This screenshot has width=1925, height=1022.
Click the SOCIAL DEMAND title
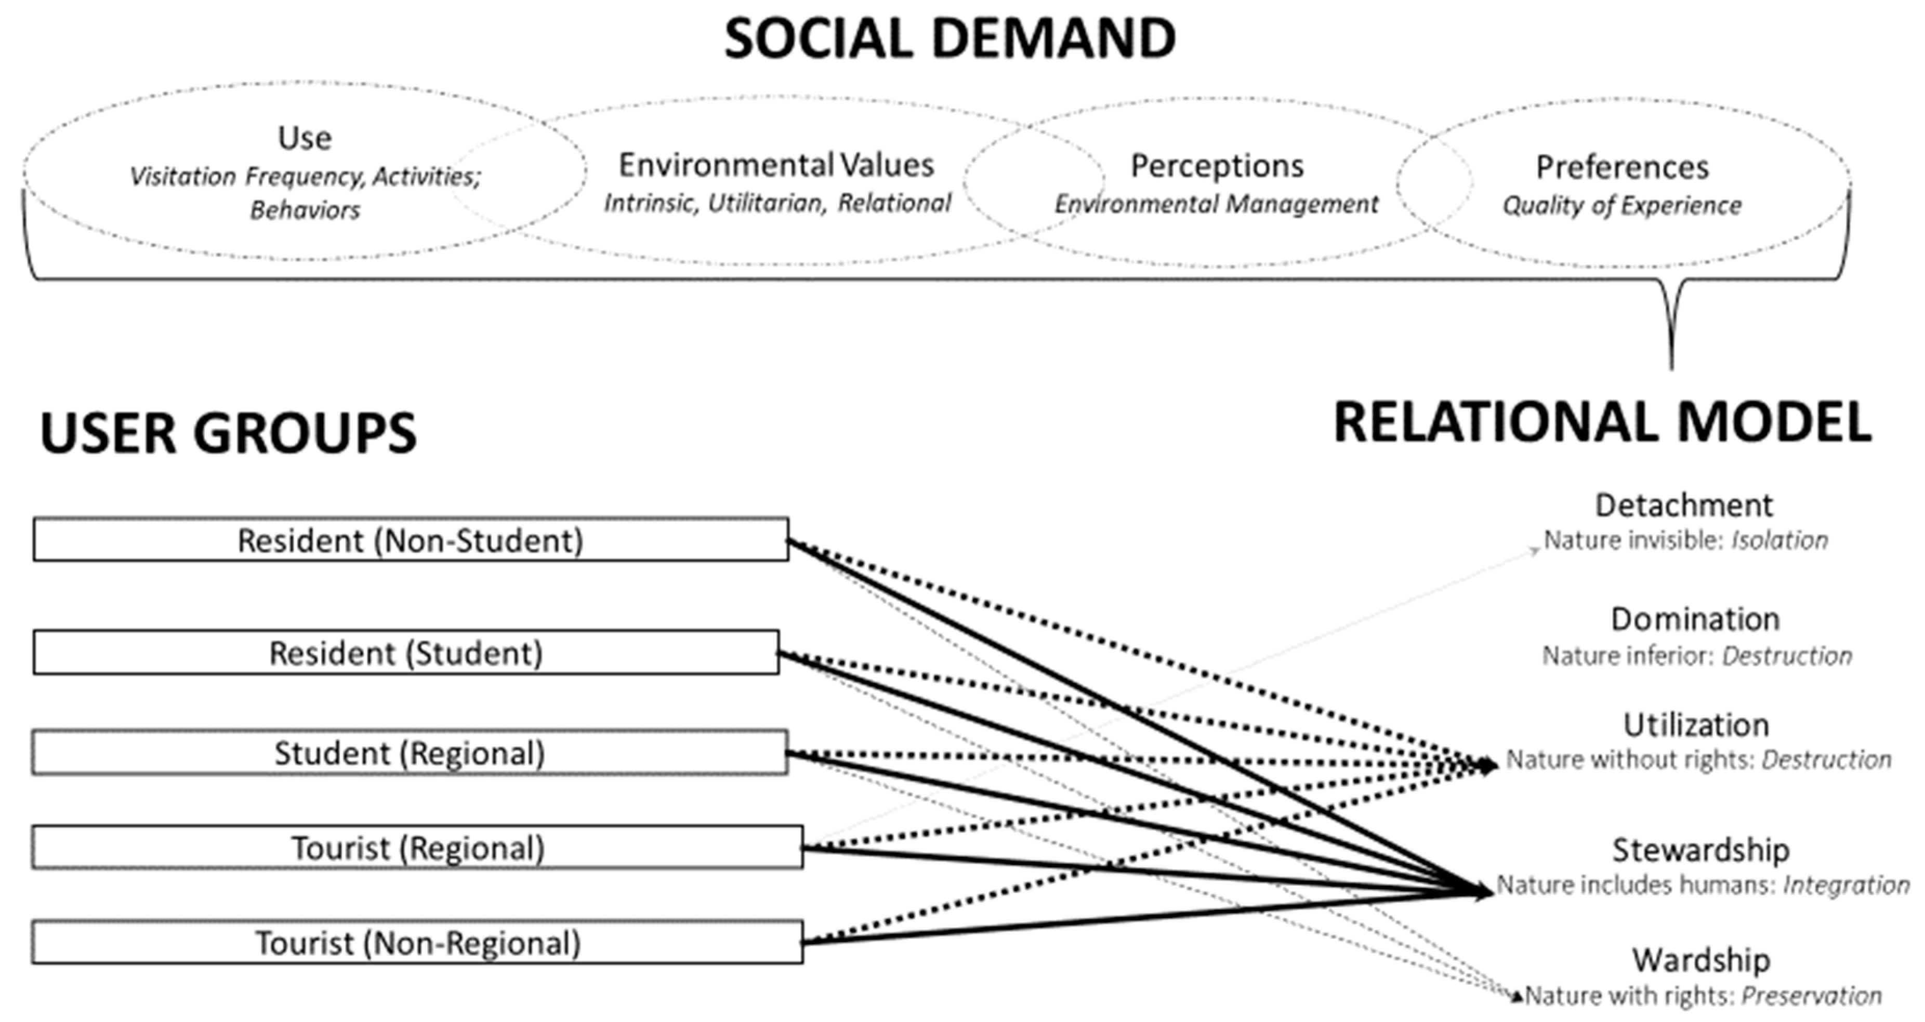[x=950, y=39]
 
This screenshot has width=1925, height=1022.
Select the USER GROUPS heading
[x=228, y=433]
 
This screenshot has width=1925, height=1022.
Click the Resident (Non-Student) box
[x=410, y=539]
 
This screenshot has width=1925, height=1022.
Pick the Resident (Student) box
[x=406, y=653]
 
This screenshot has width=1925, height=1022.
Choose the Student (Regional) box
[x=410, y=752]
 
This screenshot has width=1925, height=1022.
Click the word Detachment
[x=1684, y=506]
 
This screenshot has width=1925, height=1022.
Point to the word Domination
[x=1695, y=619]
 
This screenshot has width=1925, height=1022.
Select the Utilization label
[x=1696, y=725]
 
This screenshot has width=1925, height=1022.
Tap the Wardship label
[x=1701, y=960]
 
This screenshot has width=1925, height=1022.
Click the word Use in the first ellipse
[x=304, y=138]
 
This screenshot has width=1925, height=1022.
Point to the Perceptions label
[x=1217, y=166]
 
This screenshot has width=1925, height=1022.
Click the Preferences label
[x=1621, y=167]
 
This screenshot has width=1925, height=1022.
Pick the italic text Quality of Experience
[x=1621, y=205]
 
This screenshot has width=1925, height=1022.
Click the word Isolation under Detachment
[x=1779, y=540]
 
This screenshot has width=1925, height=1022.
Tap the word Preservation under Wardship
[x=1811, y=996]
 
